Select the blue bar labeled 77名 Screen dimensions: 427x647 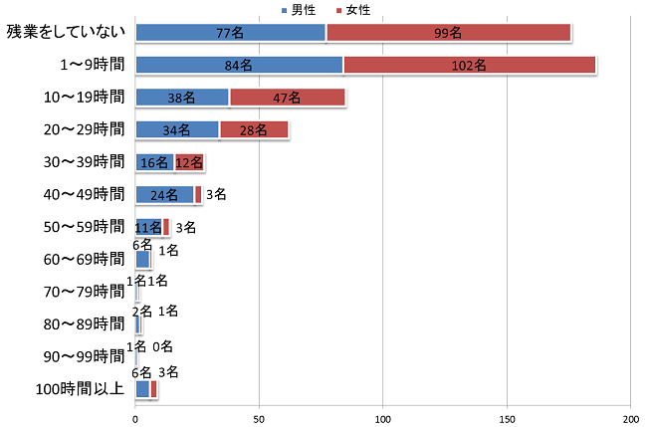230,33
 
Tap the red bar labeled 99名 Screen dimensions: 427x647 448,33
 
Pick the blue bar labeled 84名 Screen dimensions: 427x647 239,66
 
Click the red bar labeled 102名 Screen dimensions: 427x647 469,66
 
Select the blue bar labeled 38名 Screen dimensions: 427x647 182,98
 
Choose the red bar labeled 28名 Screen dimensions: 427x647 253,129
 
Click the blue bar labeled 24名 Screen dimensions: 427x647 164,194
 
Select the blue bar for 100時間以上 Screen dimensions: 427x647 142,389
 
